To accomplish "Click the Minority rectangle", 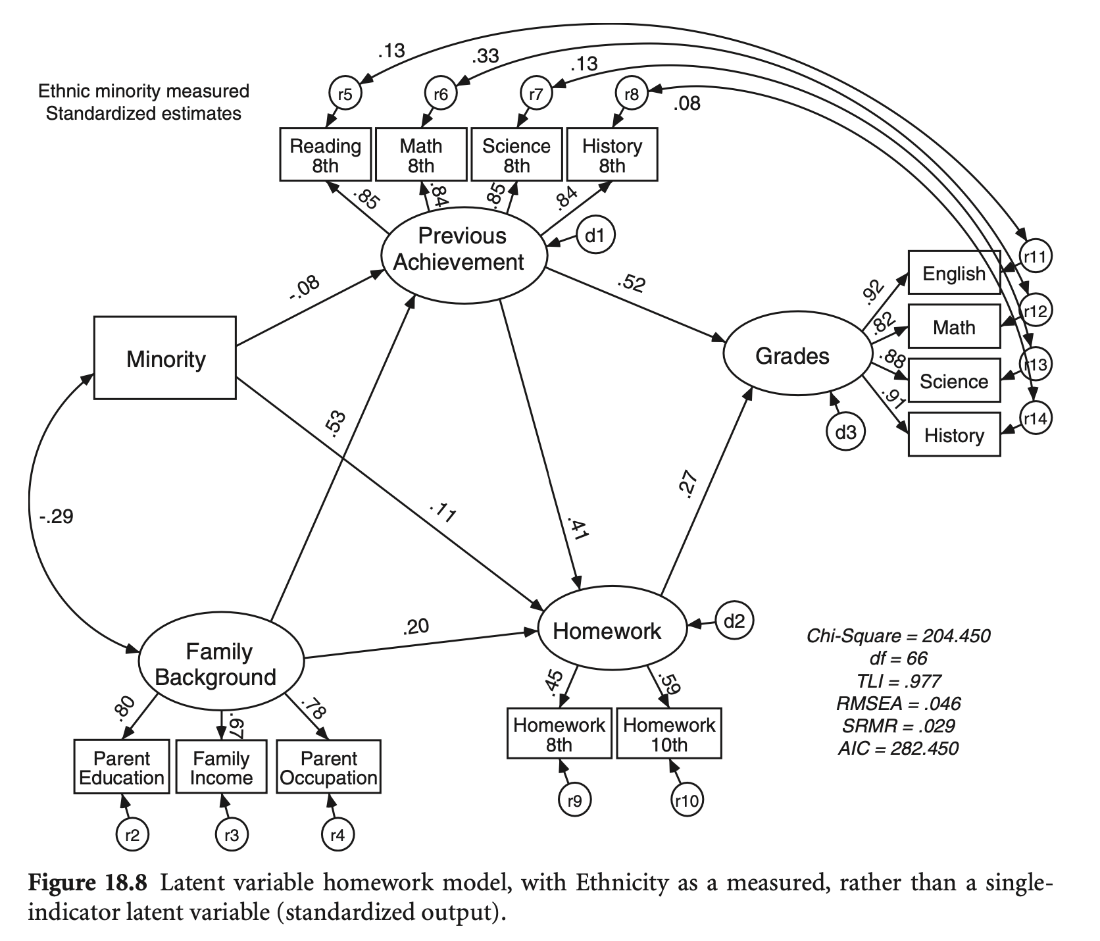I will click(165, 358).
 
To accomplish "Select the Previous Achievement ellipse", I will click(464, 249).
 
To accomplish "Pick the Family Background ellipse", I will click(221, 664).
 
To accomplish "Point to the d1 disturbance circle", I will click(595, 235).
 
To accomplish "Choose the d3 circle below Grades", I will click(845, 432).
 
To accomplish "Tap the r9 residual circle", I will click(575, 800).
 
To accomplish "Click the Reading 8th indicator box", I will click(326, 155).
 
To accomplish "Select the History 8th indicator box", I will click(612, 155).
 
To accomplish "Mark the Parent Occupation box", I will click(328, 767).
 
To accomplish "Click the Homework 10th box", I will click(669, 734).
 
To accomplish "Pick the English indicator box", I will click(954, 273).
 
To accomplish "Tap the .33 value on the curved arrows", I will click(486, 57).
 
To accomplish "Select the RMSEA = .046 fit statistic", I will click(898, 703).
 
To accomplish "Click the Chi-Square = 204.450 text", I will click(898, 636).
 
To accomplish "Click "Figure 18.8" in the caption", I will click(87, 883).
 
